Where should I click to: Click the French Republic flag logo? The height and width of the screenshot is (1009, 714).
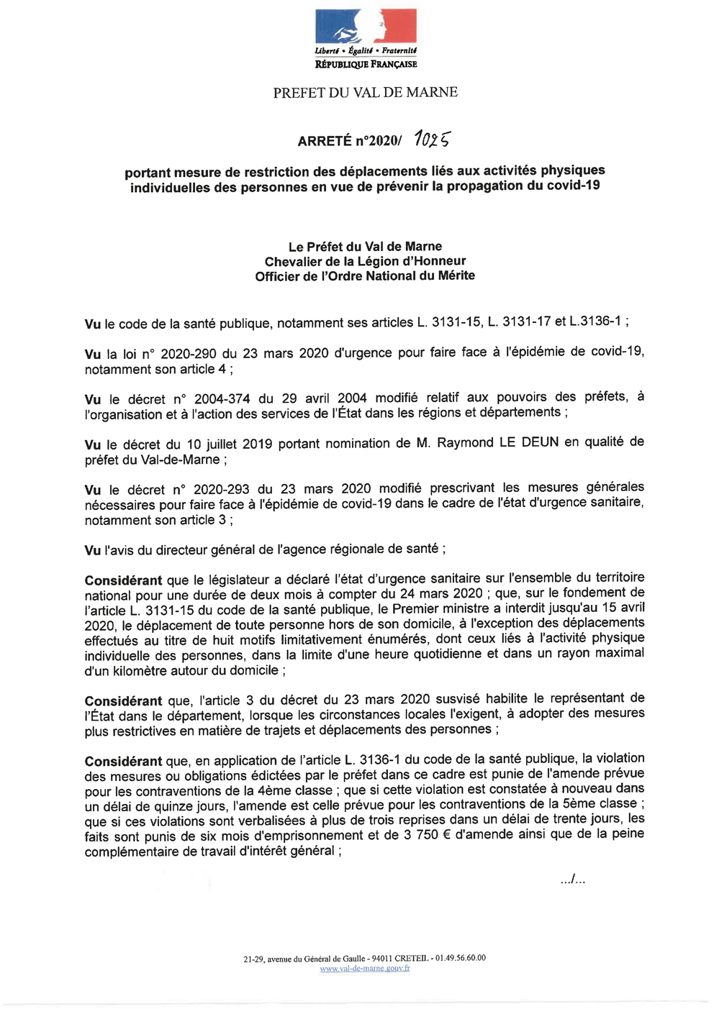click(x=366, y=27)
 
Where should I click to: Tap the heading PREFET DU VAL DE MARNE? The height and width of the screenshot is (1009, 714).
click(x=365, y=93)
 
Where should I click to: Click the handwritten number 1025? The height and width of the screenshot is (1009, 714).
click(x=432, y=139)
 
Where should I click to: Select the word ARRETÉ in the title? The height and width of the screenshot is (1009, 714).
click(x=325, y=141)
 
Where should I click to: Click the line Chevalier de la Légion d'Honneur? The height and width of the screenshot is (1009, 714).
click(x=365, y=261)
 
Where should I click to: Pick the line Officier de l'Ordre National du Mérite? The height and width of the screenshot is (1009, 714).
click(x=365, y=276)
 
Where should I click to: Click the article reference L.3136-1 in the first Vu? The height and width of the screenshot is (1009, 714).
click(x=595, y=321)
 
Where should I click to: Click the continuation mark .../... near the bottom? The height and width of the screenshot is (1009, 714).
click(x=573, y=880)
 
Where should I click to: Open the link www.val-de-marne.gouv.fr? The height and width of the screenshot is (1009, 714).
click(x=365, y=968)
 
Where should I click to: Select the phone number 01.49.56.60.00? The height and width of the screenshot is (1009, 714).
click(x=461, y=958)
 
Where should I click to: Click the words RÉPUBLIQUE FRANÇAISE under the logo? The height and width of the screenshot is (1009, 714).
click(x=366, y=65)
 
